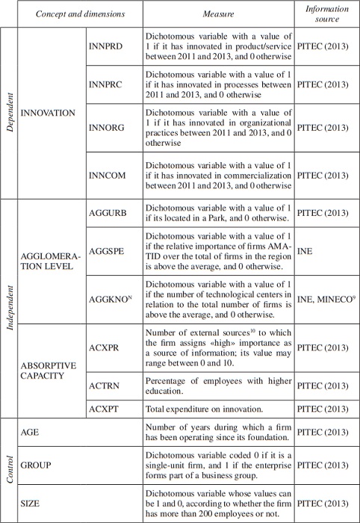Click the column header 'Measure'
(219, 13)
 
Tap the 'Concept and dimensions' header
(71, 13)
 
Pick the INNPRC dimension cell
(105, 85)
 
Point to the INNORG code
(106, 128)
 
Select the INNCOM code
(107, 176)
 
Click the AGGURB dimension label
(107, 213)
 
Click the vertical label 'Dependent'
(10, 113)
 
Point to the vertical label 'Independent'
(10, 308)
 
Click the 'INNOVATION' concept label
(49, 113)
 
